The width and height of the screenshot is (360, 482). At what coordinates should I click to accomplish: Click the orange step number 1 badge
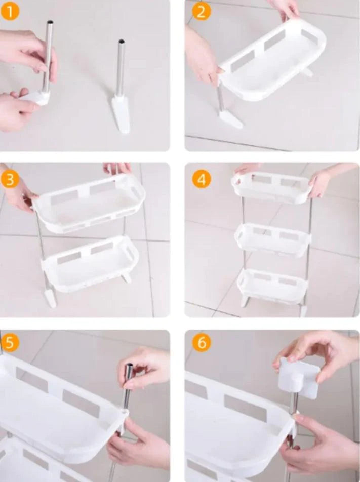[10, 11]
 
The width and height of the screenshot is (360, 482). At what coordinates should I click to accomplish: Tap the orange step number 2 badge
[201, 12]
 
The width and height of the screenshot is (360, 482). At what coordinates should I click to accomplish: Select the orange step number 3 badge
[10, 179]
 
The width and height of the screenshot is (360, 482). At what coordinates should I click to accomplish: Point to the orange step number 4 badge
[202, 179]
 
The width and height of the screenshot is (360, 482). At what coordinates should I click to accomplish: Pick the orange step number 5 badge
[10, 342]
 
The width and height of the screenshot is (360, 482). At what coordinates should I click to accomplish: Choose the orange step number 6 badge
[202, 342]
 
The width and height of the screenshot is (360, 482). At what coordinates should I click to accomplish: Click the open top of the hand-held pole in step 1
[50, 22]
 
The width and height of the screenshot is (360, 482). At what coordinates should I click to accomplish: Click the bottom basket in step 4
[272, 286]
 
